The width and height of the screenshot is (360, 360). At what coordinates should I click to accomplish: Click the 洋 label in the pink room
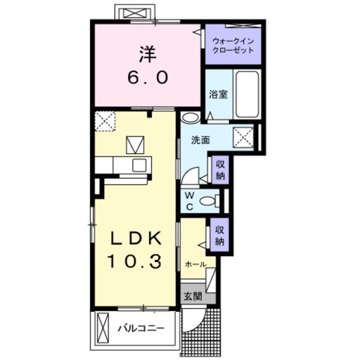[x=148, y=54]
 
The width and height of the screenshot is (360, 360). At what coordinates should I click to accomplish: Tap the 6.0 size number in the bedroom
[x=148, y=77]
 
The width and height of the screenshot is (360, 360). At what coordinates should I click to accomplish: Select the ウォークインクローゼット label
[x=233, y=45]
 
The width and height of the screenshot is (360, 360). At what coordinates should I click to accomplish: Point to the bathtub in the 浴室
[x=247, y=94]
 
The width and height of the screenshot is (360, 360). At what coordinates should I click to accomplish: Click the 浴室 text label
[x=218, y=94]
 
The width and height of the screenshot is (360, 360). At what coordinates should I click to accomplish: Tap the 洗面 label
[x=200, y=140]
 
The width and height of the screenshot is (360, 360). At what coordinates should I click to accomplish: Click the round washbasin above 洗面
[x=190, y=117]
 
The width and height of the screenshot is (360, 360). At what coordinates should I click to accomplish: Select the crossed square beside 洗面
[x=243, y=138]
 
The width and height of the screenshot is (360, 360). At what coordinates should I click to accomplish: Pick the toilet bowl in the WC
[x=208, y=201]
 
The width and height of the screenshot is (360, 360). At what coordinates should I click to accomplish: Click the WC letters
[x=189, y=201]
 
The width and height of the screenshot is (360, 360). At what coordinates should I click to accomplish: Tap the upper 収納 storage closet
[x=220, y=170]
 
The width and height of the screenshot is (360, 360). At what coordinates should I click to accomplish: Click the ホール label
[x=195, y=264]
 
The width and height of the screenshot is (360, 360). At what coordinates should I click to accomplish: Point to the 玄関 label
[x=193, y=296]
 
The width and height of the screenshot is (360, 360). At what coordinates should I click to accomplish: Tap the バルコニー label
[x=141, y=328]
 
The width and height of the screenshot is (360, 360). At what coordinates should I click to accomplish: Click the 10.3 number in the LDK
[x=135, y=261]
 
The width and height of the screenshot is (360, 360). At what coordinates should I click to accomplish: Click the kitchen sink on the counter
[x=139, y=165]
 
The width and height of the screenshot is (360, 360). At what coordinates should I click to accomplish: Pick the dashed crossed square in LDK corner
[x=105, y=121]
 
